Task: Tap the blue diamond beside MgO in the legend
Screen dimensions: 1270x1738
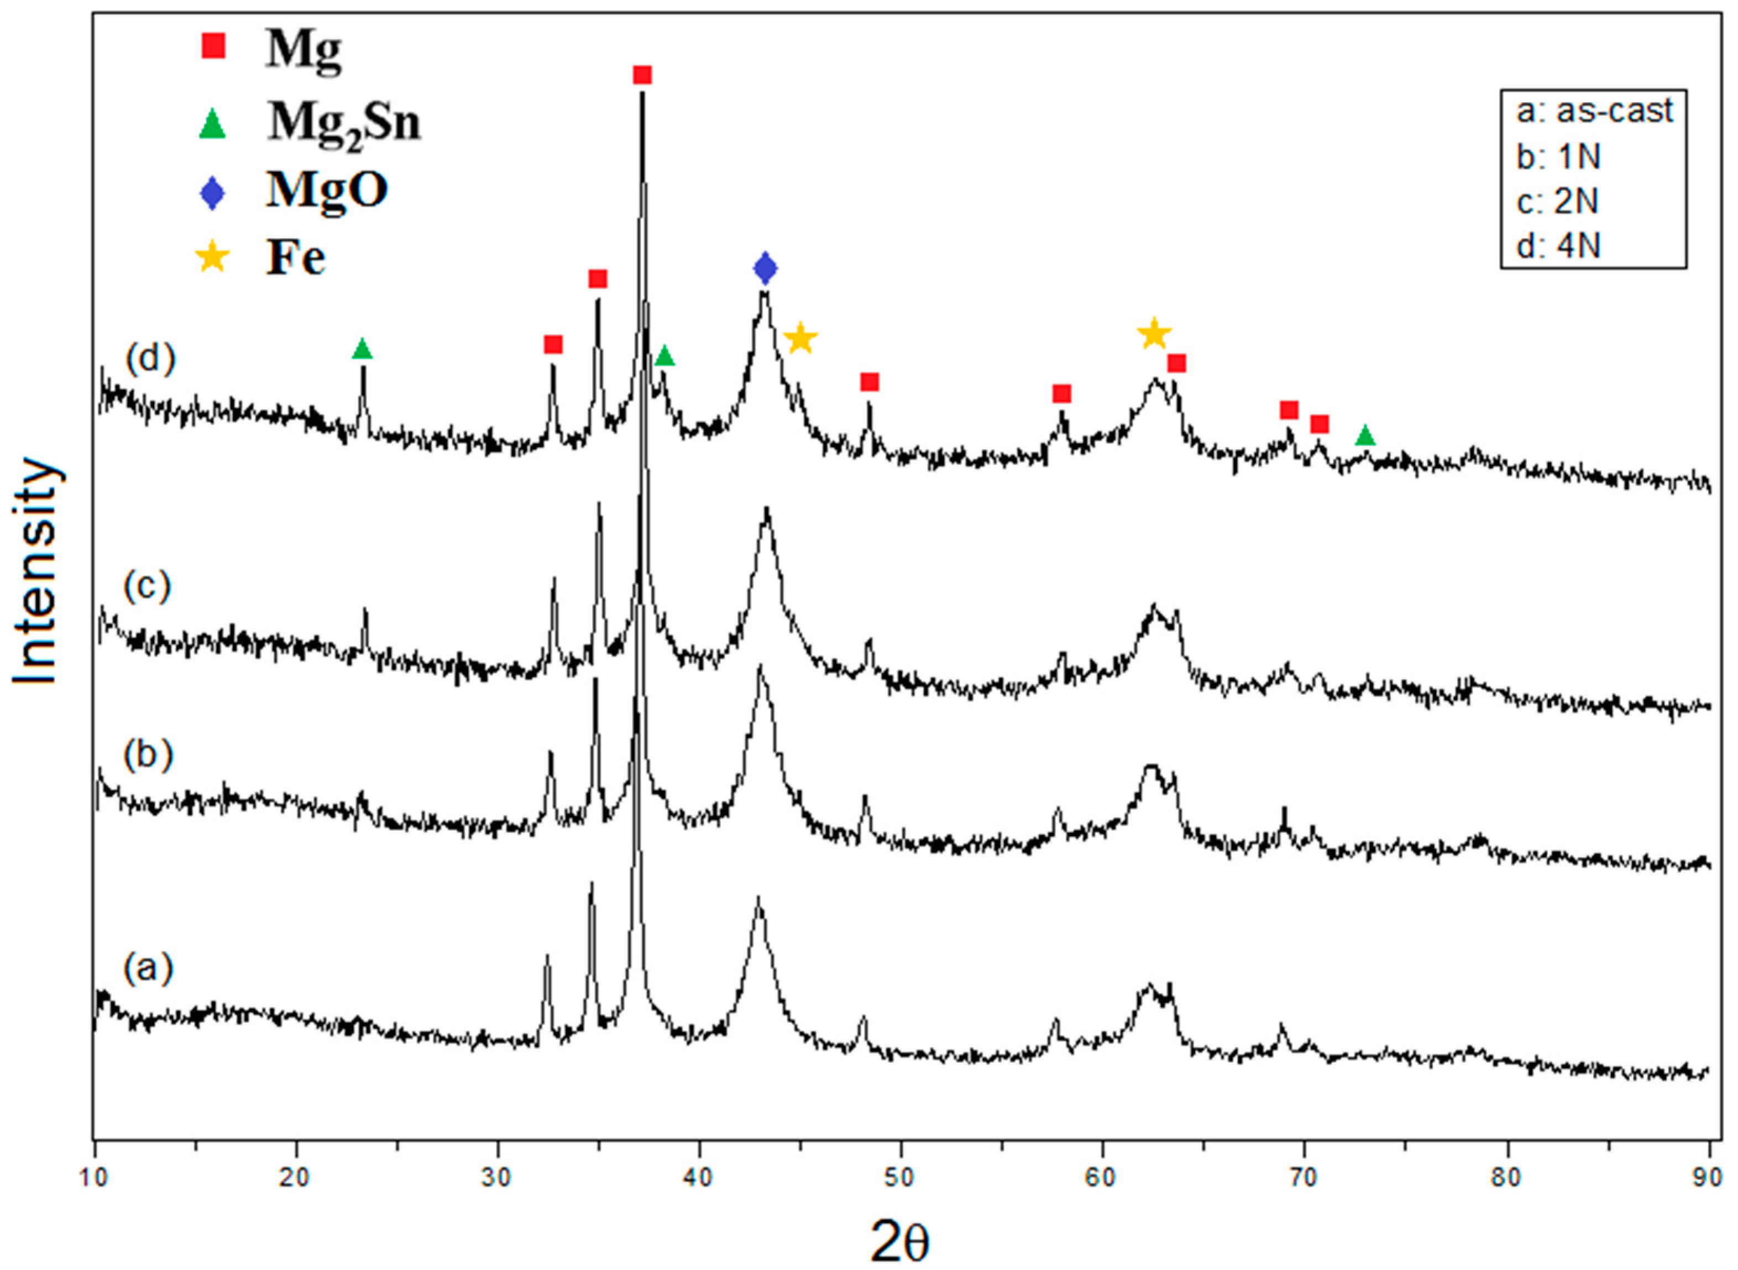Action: pyautogui.click(x=212, y=192)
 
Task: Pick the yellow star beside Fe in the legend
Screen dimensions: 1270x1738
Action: pyautogui.click(x=212, y=258)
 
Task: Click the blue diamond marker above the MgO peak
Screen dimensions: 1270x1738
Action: pyautogui.click(x=765, y=268)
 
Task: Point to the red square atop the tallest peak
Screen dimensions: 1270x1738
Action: pyautogui.click(x=642, y=75)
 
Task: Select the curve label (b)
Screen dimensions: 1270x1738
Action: pyautogui.click(x=148, y=755)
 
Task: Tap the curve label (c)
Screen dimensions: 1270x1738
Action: pyautogui.click(x=148, y=586)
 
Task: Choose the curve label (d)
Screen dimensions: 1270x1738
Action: pyautogui.click(x=151, y=358)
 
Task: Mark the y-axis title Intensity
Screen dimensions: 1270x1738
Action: pyautogui.click(x=36, y=570)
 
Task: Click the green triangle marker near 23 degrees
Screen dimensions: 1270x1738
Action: pyautogui.click(x=362, y=350)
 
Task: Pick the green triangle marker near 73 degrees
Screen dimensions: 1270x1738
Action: pyautogui.click(x=1365, y=437)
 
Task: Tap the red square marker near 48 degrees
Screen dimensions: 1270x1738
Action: pyautogui.click(x=870, y=382)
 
